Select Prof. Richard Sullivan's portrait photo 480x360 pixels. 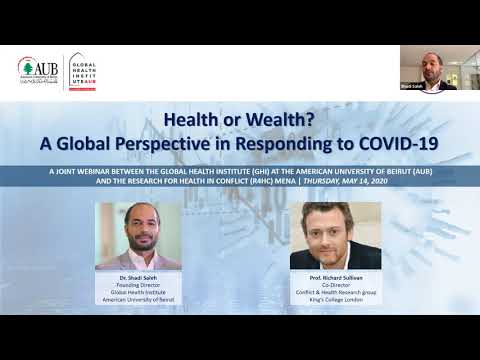click(x=335, y=236)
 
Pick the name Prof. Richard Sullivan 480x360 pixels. click(x=335, y=277)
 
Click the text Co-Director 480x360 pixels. click(x=335, y=284)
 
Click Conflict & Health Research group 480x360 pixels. click(x=335, y=291)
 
